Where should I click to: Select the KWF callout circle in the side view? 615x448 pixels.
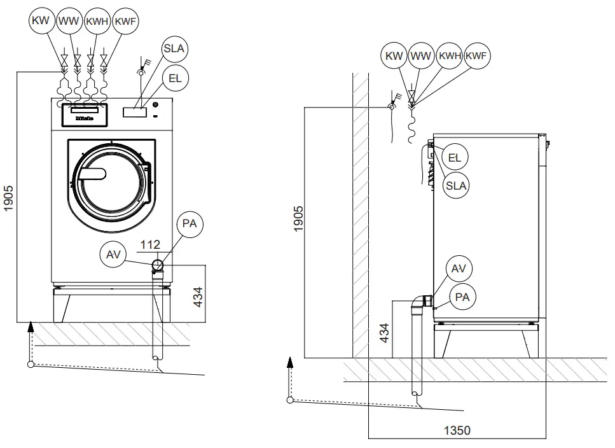476,55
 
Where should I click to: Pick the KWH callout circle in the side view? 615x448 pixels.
449,55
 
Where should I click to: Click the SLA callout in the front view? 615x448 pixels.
176,49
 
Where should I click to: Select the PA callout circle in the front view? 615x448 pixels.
189,225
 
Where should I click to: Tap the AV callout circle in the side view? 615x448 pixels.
459,269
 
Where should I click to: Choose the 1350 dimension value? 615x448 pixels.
456,430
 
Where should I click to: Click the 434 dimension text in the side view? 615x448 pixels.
384,332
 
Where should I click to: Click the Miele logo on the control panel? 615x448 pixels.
85,118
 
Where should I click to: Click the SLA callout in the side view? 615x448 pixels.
455,186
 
